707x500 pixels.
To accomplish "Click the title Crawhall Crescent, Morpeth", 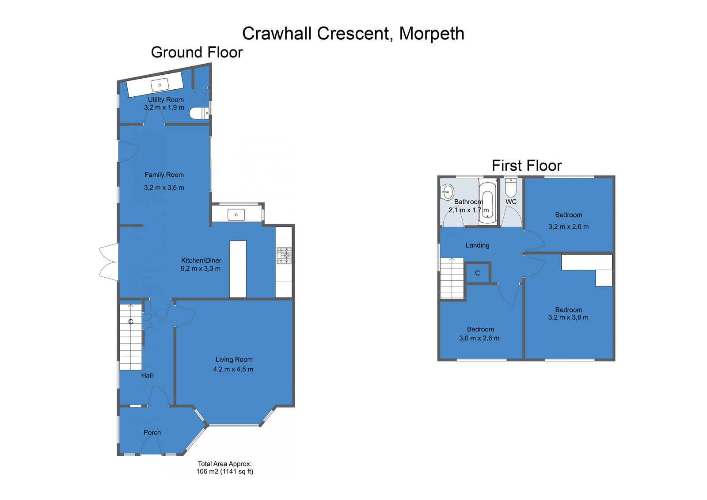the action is [x=353, y=34].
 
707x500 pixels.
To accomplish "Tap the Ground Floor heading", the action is [x=197, y=52].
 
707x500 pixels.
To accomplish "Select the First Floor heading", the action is [x=526, y=165].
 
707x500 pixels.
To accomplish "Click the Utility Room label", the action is [x=166, y=99].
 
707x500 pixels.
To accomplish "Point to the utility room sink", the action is [x=160, y=85].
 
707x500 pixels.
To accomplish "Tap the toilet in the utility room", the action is [x=199, y=113].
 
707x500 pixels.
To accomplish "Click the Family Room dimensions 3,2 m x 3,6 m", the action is [x=164, y=187].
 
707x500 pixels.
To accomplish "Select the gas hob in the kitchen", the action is [x=284, y=256].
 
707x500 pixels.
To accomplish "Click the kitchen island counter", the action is [x=238, y=269].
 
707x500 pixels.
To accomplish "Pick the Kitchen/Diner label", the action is [x=201, y=260].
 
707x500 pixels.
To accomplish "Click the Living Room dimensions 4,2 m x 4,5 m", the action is [x=233, y=369].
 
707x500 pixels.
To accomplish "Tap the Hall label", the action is [x=147, y=376].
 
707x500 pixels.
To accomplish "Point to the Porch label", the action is [x=152, y=432].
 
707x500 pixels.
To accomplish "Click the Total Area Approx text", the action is [x=225, y=464].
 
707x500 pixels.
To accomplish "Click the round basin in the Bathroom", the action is [x=447, y=192].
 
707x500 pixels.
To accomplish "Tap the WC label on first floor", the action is [x=511, y=202].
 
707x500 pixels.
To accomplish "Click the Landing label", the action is [x=478, y=245].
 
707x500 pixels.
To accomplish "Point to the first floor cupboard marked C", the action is [x=478, y=273].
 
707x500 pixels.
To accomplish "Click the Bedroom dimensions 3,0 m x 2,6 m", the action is [x=479, y=338].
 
